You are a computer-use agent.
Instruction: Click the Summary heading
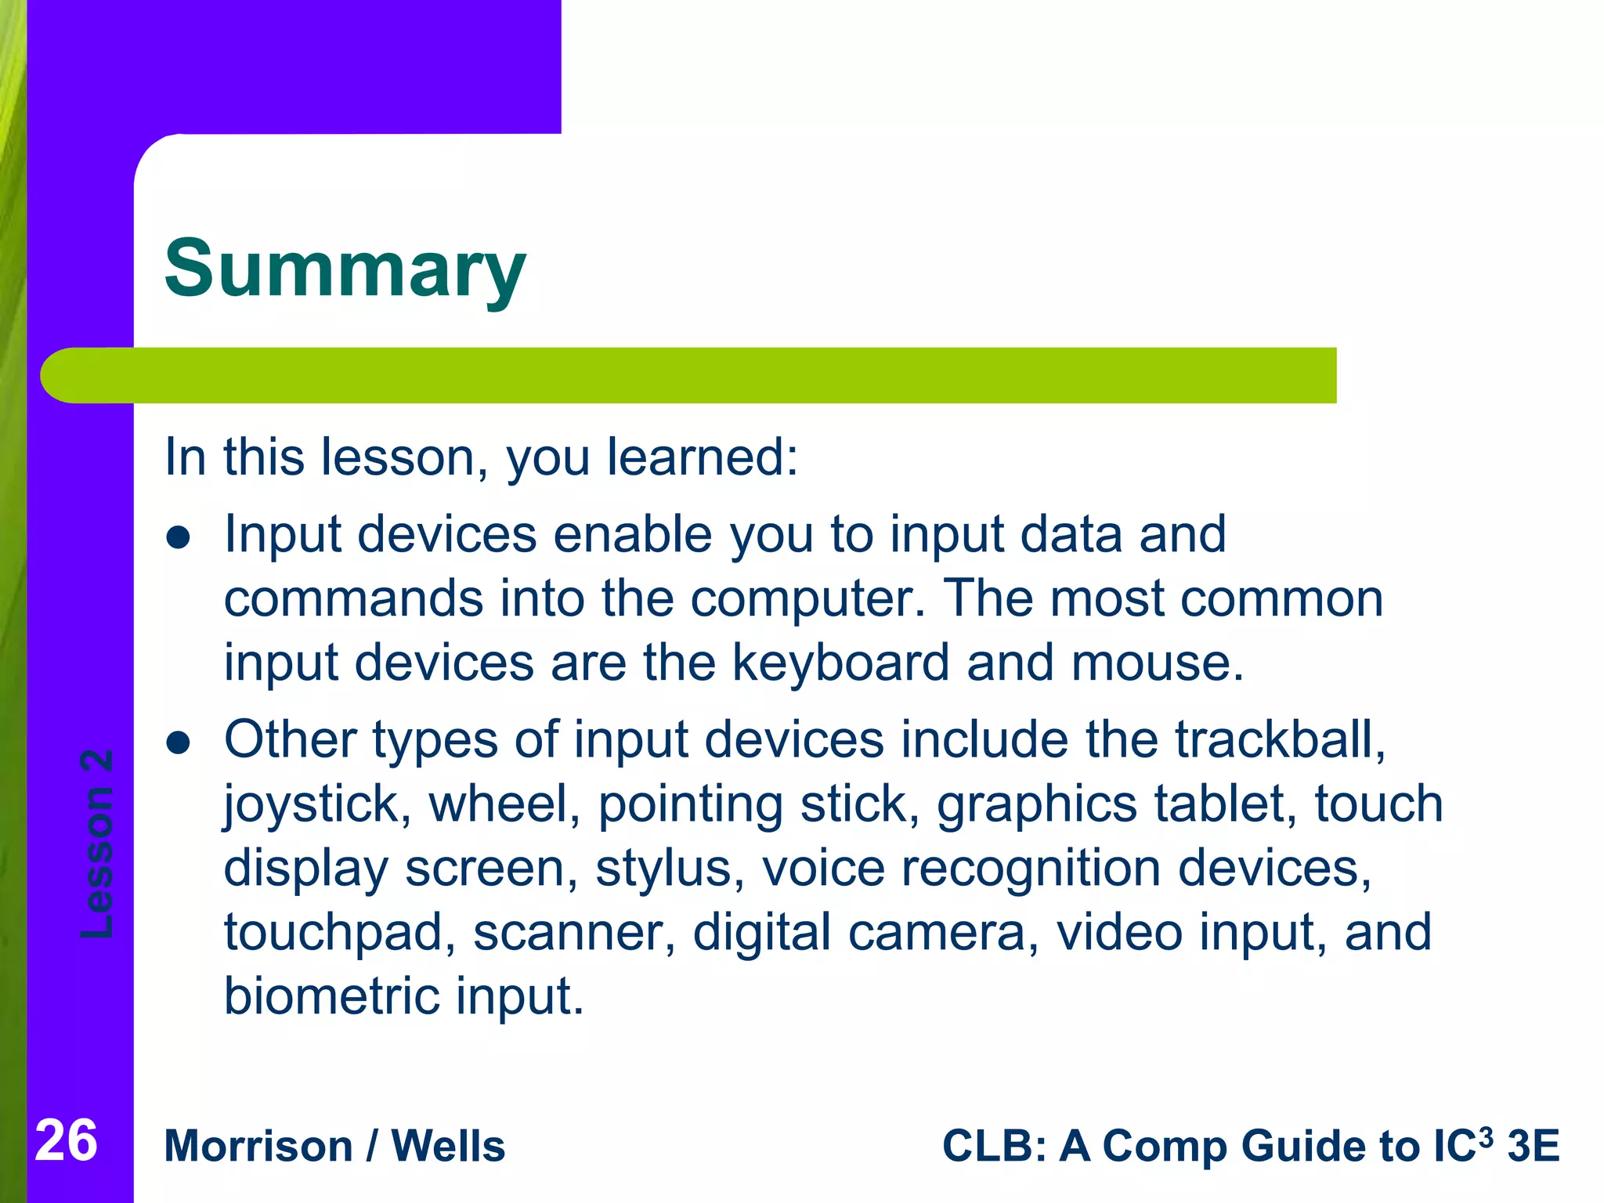point(345,269)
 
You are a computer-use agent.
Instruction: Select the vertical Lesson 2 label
point(97,844)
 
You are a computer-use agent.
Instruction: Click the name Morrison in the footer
point(258,1147)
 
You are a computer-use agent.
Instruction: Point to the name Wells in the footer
point(448,1147)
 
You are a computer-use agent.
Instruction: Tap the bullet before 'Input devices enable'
point(179,538)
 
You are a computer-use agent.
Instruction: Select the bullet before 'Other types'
point(179,743)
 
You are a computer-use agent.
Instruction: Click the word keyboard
point(840,663)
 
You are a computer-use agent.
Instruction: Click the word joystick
point(312,805)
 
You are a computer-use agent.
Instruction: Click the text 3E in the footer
point(1533,1147)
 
